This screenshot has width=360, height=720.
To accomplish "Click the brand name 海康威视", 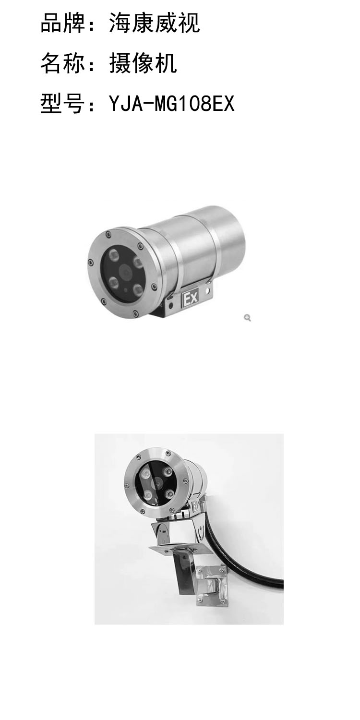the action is click(155, 23).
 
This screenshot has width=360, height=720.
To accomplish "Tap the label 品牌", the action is click(63, 23).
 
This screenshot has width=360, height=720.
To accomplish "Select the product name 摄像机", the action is click(143, 63).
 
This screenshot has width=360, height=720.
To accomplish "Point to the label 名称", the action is click(63, 63).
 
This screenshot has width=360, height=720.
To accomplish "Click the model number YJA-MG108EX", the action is click(172, 104).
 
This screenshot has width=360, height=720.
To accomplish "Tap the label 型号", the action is click(63, 104).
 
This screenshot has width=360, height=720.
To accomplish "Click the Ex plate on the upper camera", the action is click(190, 299).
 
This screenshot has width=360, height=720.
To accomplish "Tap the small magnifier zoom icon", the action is click(247, 318).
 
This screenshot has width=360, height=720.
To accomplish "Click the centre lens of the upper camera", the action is click(126, 272).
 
